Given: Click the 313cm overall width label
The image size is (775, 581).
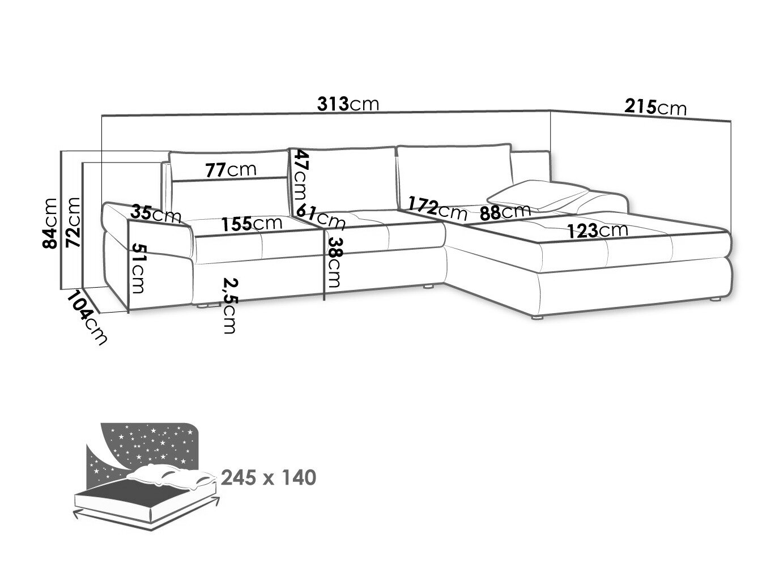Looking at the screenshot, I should [348, 104].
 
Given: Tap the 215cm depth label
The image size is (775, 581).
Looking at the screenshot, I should [655, 106].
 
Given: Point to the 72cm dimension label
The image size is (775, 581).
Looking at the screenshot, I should [73, 222].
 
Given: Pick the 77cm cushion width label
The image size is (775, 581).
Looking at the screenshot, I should [231, 169].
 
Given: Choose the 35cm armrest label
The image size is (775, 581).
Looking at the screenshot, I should [155, 214].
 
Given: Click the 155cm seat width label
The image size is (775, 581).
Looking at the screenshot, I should [252, 223].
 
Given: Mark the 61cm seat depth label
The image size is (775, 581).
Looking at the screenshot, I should [321, 216].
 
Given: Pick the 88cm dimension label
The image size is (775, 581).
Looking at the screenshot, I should [505, 212].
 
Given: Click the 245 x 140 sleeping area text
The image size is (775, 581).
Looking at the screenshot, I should [269, 478].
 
